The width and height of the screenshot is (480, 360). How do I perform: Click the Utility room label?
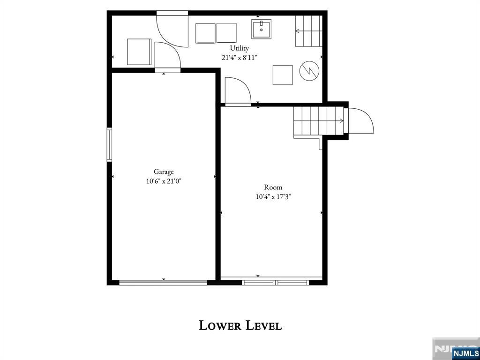coord(240,48)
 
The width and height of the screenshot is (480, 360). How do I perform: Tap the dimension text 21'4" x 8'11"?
coord(240,57)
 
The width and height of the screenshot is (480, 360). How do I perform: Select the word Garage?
coord(164,172)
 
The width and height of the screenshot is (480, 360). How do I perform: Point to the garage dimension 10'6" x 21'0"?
coord(164,181)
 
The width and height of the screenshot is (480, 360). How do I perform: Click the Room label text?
coord(273,187)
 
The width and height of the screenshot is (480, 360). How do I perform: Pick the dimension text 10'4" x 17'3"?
coord(273,197)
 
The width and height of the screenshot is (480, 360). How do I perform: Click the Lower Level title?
coord(240,325)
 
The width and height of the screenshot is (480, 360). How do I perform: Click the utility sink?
coord(261,29)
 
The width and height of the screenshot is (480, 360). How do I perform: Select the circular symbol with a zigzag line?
coord(309,71)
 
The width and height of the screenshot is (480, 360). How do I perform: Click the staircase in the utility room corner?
coord(308,31)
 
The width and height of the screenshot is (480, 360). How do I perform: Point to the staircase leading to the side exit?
coord(319,121)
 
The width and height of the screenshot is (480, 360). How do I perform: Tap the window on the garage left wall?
coord(109,145)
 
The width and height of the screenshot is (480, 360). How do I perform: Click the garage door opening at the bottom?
coord(163,282)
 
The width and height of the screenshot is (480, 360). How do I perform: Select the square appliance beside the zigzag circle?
coord(283,75)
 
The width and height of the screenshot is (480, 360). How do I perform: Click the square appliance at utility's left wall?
coord(139,52)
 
